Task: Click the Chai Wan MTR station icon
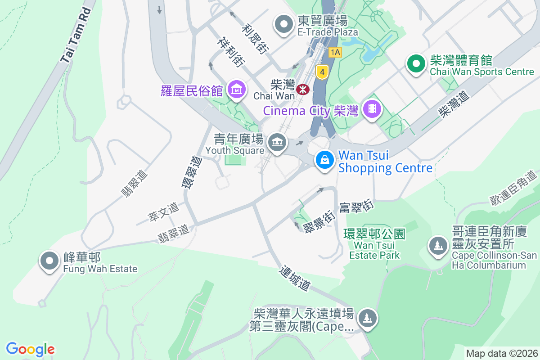point(303,89)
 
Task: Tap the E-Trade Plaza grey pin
point(284,25)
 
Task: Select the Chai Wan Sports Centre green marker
point(417,64)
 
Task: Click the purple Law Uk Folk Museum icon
point(236,90)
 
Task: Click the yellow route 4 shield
point(321,71)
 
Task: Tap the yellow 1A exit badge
point(335,52)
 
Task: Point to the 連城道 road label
point(295,278)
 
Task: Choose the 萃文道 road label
point(163,212)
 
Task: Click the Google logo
point(30,349)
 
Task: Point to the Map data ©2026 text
point(502,353)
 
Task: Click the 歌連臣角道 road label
point(514,189)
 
